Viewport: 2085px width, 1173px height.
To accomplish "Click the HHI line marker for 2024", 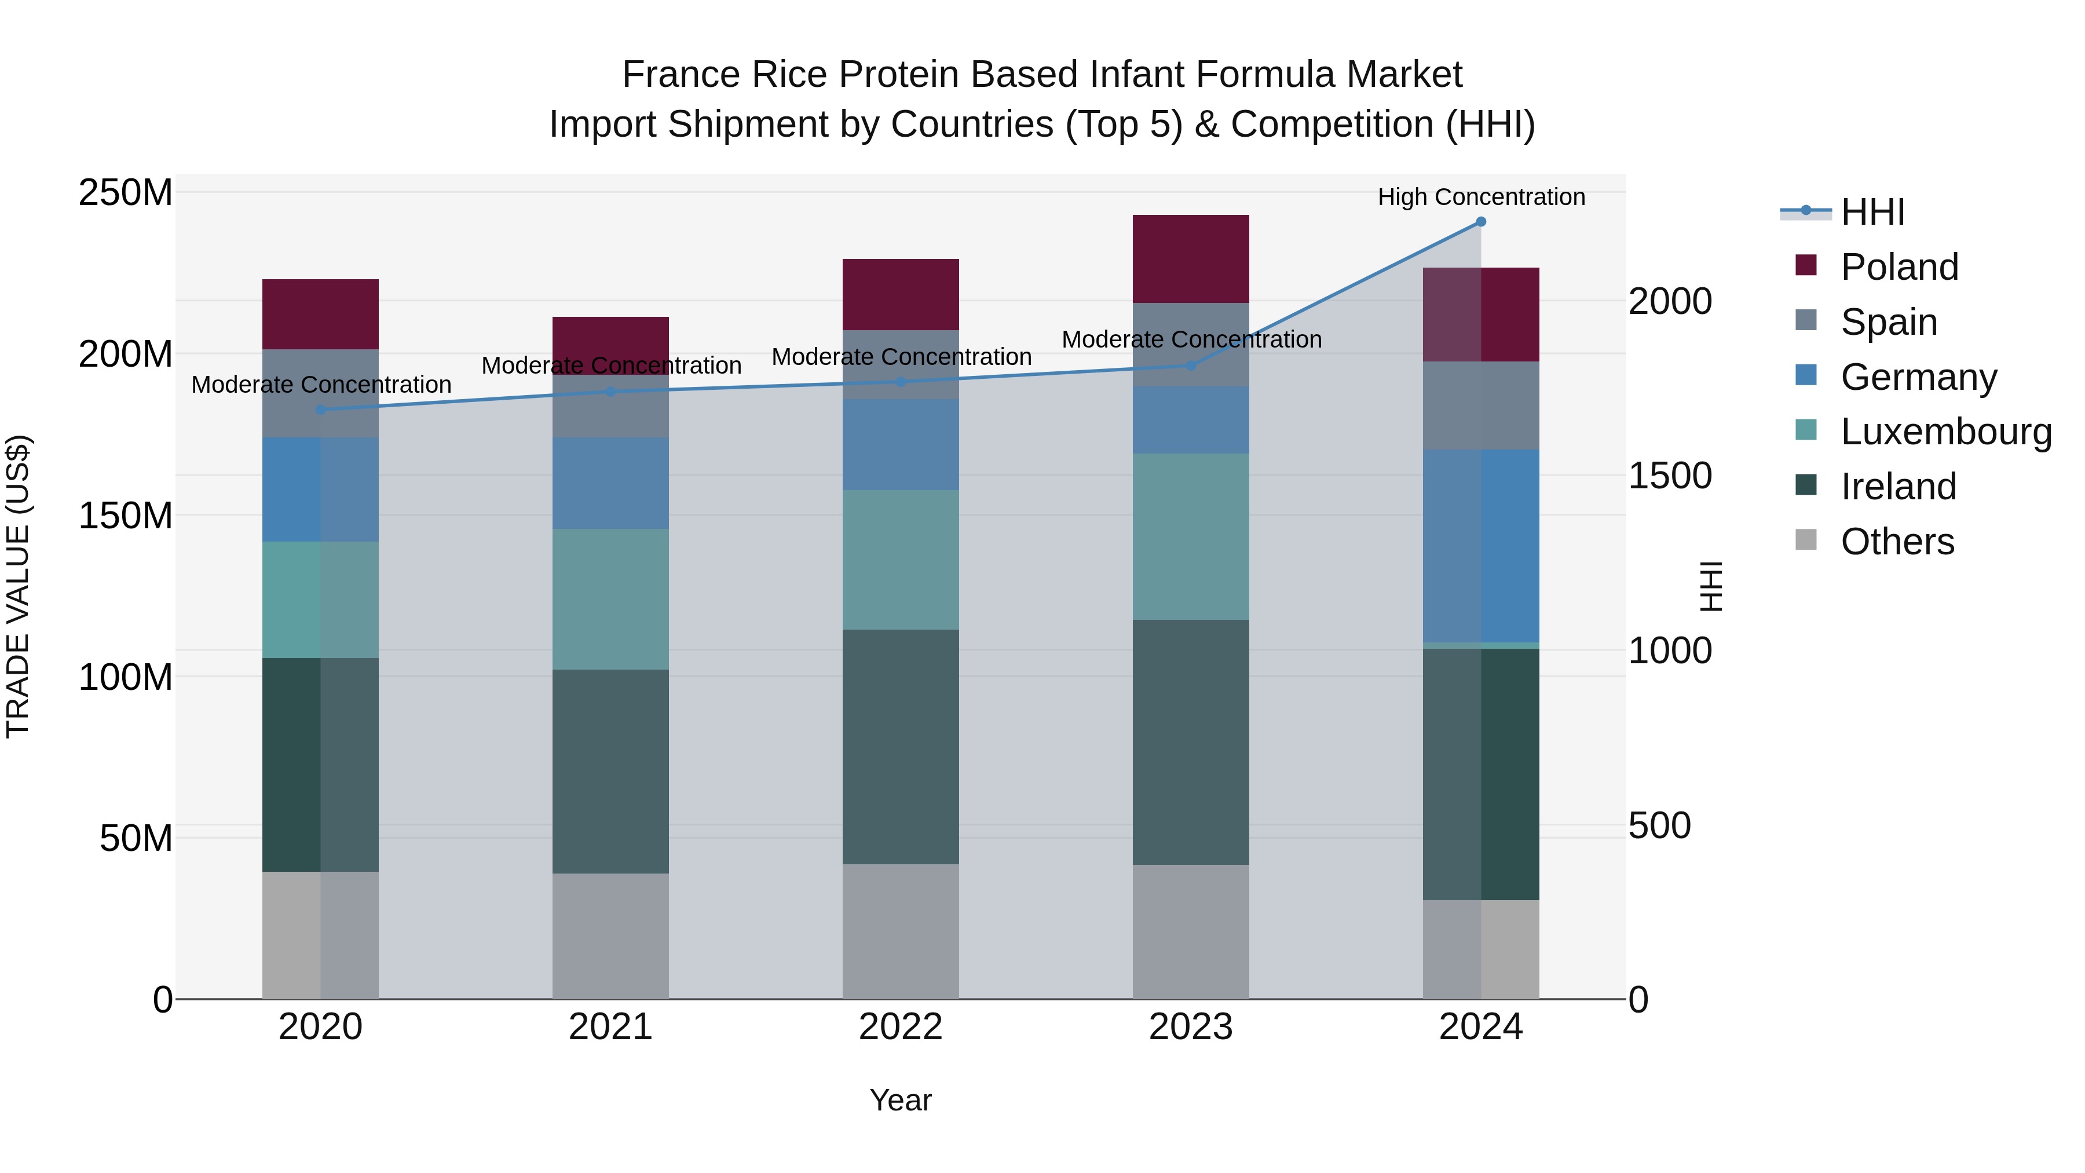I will (x=1480, y=222).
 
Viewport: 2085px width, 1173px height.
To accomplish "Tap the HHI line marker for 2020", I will (x=320, y=410).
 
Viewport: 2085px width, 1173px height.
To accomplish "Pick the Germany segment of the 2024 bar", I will (x=1480, y=546).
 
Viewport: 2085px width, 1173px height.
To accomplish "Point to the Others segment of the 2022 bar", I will (x=900, y=931).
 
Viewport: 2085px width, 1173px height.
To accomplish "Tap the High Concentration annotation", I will (x=1480, y=197).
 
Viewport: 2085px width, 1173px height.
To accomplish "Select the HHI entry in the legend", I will (x=1871, y=212).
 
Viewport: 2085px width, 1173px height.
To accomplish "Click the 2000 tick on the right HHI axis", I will (x=1669, y=301).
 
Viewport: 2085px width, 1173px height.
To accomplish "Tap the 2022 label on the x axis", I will (x=900, y=1027).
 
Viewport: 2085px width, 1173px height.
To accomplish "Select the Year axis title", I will (x=900, y=1100).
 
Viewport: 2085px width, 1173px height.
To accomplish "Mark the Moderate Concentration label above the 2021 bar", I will (x=611, y=366).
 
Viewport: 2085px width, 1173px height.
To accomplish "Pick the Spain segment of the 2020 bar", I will (x=320, y=393).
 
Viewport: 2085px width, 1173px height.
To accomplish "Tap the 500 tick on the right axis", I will (x=1659, y=825).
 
